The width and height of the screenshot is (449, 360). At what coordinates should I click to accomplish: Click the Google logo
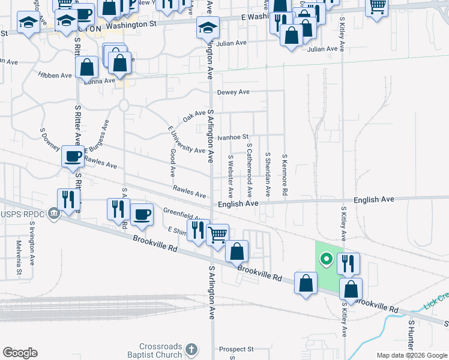[20, 353]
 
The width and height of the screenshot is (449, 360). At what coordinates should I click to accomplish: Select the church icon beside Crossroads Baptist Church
[191, 349]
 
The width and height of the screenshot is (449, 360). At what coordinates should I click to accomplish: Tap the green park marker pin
[326, 259]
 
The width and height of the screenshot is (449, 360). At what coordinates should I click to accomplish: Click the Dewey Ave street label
[233, 92]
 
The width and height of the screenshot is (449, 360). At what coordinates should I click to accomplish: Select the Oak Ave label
[194, 115]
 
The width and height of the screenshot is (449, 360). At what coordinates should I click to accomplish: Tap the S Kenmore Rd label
[286, 174]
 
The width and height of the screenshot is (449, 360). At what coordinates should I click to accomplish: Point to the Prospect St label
[236, 349]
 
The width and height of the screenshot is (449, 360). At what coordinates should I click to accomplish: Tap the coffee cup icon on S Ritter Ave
[73, 157]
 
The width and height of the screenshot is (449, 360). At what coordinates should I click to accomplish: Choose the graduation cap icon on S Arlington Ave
[208, 28]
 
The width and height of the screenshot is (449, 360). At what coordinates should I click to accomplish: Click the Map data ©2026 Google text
[411, 355]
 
